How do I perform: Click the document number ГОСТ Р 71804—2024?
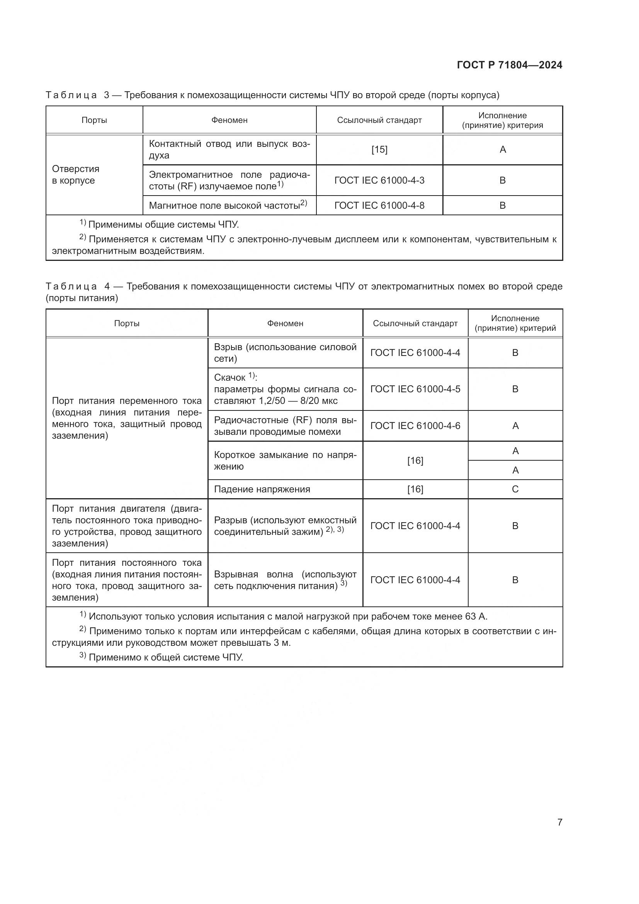509,65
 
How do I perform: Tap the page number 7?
559,822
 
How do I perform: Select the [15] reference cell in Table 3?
379,150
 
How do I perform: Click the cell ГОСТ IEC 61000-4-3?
379,180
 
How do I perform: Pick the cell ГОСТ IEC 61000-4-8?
379,206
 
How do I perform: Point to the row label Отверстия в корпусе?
76,175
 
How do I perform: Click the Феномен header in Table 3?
229,120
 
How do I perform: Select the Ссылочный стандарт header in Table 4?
415,323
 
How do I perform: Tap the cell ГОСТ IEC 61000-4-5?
415,389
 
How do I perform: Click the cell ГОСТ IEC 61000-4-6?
415,426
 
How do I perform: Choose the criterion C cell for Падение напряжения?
515,489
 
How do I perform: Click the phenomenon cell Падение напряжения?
262,489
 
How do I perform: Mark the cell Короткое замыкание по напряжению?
285,460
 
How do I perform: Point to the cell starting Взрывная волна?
285,580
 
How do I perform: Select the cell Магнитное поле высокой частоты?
228,206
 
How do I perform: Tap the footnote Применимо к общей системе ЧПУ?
166,657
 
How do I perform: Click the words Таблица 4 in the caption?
77,286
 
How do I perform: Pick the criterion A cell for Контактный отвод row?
503,150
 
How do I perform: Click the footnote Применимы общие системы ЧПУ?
163,225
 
